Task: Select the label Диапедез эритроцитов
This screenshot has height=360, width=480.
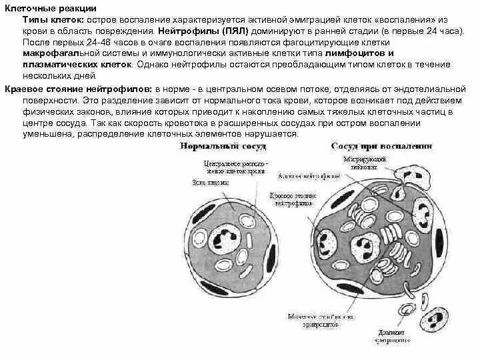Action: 392,339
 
